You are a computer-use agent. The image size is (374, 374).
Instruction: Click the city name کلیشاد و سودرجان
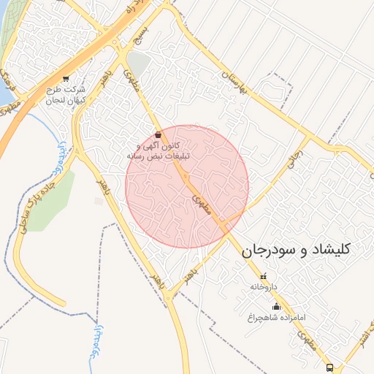tap(295, 250)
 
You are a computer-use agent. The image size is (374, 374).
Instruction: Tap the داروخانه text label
tap(264, 287)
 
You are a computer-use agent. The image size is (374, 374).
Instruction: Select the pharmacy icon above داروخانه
tap(264, 277)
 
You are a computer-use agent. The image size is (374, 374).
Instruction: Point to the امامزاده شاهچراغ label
tap(275, 318)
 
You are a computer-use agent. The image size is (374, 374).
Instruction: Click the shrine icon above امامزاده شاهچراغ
tap(275, 307)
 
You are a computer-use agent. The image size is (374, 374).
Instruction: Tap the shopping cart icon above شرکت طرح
tap(66, 79)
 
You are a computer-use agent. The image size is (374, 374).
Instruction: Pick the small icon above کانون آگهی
tap(159, 134)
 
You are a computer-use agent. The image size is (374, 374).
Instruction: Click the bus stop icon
tap(329, 367)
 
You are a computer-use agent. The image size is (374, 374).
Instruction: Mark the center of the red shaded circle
tap(187, 187)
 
